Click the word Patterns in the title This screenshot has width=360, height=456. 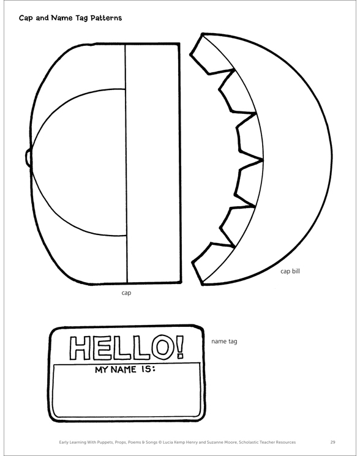tap(106, 18)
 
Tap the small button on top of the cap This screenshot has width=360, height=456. tap(28, 158)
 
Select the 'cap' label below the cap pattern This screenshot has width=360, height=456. tap(126, 293)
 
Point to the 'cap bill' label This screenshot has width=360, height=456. tap(290, 271)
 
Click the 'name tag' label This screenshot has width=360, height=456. tap(224, 342)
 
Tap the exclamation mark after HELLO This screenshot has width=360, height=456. tap(181, 346)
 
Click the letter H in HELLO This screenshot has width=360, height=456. tap(80, 348)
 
